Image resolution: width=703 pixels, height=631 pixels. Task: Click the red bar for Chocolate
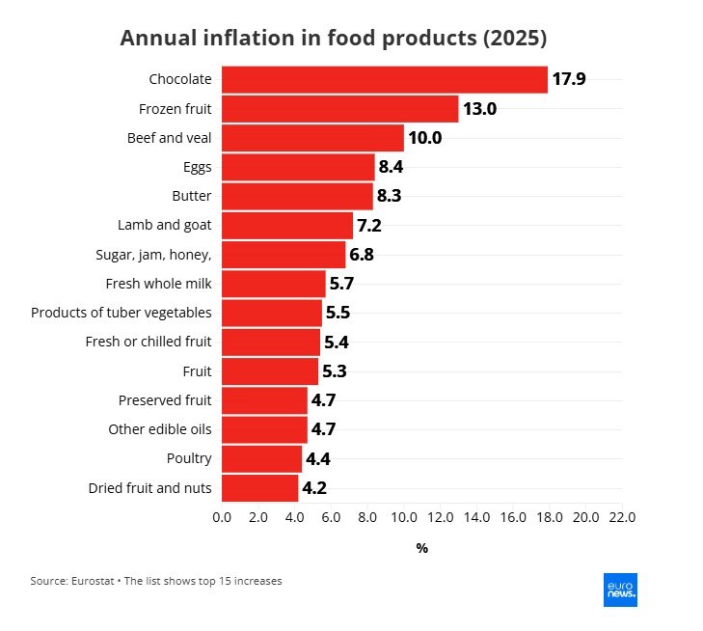(x=385, y=80)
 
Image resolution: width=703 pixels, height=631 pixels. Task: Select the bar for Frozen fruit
(x=340, y=109)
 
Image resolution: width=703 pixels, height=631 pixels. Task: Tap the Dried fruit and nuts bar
(x=260, y=488)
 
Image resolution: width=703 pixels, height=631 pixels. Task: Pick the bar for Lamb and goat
(x=287, y=226)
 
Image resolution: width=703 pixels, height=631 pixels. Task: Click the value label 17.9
(x=569, y=79)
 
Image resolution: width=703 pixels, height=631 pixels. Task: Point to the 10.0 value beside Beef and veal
(x=425, y=138)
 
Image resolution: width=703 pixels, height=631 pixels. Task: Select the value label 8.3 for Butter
(x=390, y=196)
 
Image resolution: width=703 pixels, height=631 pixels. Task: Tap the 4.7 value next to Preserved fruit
(x=323, y=400)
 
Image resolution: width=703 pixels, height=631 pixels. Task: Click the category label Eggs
(x=198, y=168)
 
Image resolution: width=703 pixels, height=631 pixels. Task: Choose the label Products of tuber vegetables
(x=122, y=313)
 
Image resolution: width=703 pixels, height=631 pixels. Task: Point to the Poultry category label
(x=189, y=459)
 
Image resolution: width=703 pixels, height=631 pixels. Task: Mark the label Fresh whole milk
(x=159, y=284)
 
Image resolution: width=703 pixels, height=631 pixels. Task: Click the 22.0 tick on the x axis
(x=622, y=517)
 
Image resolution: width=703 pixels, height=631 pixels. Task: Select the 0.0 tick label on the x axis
(x=222, y=517)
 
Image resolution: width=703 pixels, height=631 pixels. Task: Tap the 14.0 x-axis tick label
(x=476, y=517)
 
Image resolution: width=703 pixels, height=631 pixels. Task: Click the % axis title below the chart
(x=421, y=548)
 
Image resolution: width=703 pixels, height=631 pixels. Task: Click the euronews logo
(x=620, y=590)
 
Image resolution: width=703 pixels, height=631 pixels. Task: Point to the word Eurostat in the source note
(x=93, y=581)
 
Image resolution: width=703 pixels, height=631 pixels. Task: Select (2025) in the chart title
(x=515, y=39)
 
